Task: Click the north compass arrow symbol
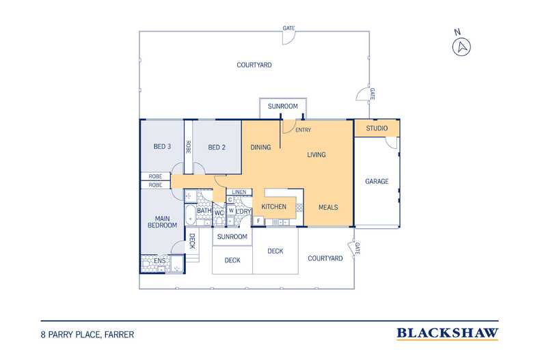pos(461,47)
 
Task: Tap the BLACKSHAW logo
pos(447,333)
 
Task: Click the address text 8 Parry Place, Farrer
pos(87,335)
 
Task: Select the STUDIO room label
pos(377,128)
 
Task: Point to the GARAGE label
pos(377,182)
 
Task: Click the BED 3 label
pos(162,147)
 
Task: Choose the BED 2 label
pos(217,148)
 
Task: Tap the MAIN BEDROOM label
pos(162,222)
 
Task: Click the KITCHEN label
pos(274,207)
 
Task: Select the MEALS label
pos(328,208)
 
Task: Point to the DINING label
pos(260,148)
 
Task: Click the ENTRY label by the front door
pos(303,130)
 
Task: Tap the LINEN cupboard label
pos(239,192)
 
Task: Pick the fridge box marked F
pos(258,221)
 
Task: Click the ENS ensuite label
pos(159,261)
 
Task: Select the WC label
pos(219,213)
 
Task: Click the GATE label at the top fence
pos(288,28)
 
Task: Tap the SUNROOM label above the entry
pos(283,107)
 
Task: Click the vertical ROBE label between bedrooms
pos(189,147)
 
